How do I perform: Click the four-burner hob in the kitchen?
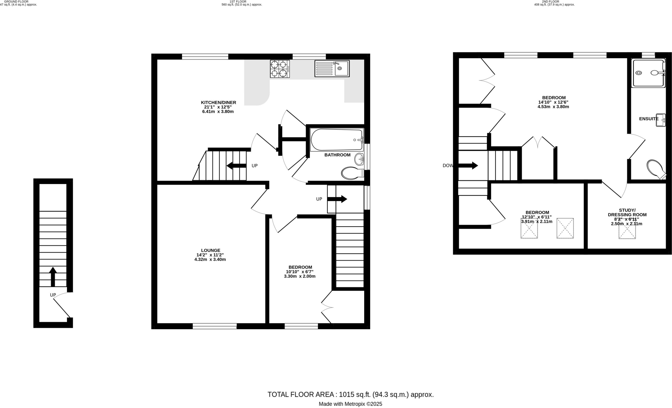pyautogui.click(x=280, y=69)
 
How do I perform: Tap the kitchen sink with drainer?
pyautogui.click(x=332, y=68)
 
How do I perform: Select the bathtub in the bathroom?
pyautogui.click(x=337, y=140)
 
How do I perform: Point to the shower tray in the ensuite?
pyautogui.click(x=648, y=73)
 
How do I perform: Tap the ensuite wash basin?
pyautogui.click(x=661, y=120)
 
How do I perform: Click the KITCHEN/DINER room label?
pyautogui.click(x=218, y=102)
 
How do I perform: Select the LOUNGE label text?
pyautogui.click(x=210, y=250)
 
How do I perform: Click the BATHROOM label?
pyautogui.click(x=337, y=155)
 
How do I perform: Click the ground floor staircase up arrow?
pyautogui.click(x=53, y=277)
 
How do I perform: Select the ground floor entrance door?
pyautogui.click(x=62, y=305)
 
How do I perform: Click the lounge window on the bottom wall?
pyautogui.click(x=215, y=326)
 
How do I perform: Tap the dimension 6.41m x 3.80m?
pyautogui.click(x=218, y=112)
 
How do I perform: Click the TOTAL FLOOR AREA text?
pyautogui.click(x=350, y=395)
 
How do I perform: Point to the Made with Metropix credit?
pyautogui.click(x=350, y=404)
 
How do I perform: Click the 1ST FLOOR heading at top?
pyautogui.click(x=241, y=2)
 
